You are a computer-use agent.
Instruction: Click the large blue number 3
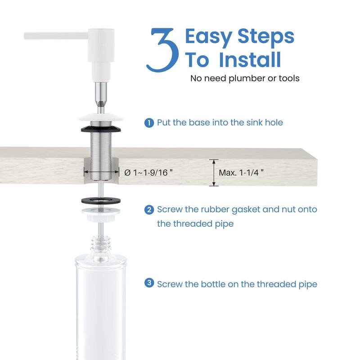[x=163, y=51]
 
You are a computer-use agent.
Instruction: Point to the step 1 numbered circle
[x=148, y=122]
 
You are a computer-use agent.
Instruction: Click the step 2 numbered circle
[x=148, y=210]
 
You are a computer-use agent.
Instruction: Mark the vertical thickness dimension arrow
[x=214, y=173]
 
